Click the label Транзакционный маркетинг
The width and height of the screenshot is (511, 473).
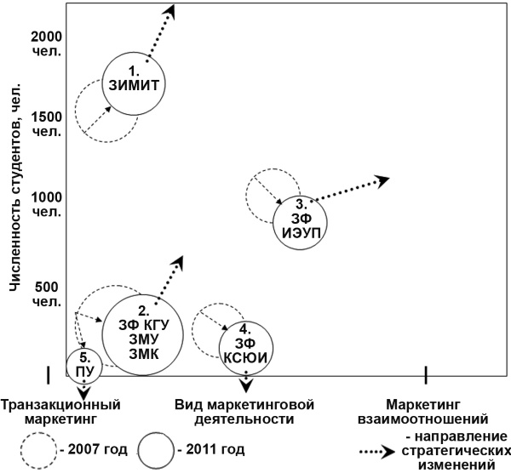pos(59,412)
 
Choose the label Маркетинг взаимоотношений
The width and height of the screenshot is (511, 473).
pos(436,412)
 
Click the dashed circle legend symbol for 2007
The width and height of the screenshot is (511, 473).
pos(37,450)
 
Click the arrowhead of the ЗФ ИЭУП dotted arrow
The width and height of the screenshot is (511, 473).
pos(382,180)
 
